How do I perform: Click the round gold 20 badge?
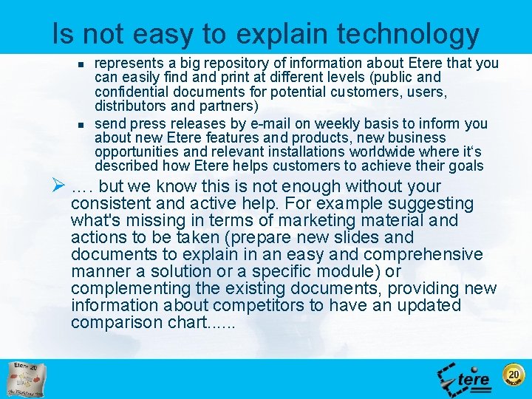click(x=513, y=375)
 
